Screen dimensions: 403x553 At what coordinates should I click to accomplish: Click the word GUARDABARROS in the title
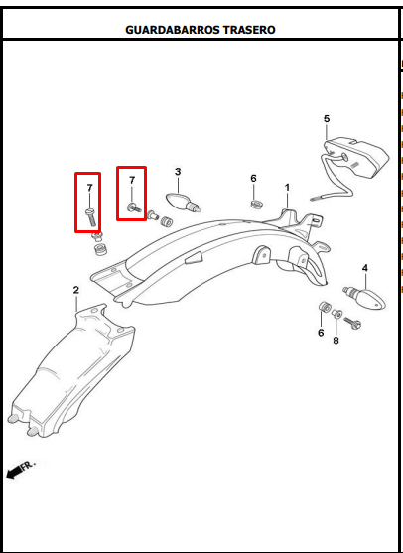(x=168, y=30)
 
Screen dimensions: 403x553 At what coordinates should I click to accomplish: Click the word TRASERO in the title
(x=244, y=30)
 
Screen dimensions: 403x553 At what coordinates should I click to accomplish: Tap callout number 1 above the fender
(x=287, y=188)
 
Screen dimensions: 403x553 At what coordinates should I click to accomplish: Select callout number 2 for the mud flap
(x=76, y=290)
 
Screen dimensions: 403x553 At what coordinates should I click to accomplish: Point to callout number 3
(x=178, y=172)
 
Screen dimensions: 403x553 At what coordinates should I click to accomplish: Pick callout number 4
(x=365, y=268)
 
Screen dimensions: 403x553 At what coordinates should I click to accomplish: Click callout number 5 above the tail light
(x=327, y=119)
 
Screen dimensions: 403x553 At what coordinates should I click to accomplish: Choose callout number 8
(x=336, y=341)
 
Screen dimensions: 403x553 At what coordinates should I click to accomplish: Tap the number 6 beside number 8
(x=321, y=333)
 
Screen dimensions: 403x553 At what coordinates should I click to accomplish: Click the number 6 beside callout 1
(x=253, y=179)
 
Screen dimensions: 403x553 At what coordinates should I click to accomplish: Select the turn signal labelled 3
(x=184, y=201)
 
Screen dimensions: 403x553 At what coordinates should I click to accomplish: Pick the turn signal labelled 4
(x=365, y=298)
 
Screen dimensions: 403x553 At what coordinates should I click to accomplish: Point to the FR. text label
(x=28, y=465)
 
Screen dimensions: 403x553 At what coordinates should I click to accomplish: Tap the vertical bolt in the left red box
(x=90, y=217)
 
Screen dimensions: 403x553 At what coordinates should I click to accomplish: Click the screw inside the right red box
(x=134, y=207)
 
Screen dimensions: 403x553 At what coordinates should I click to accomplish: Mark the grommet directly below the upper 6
(x=257, y=205)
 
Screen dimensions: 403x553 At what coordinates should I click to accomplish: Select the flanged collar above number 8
(x=336, y=313)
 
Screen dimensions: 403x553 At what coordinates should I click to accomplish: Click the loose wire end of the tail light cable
(x=315, y=200)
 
